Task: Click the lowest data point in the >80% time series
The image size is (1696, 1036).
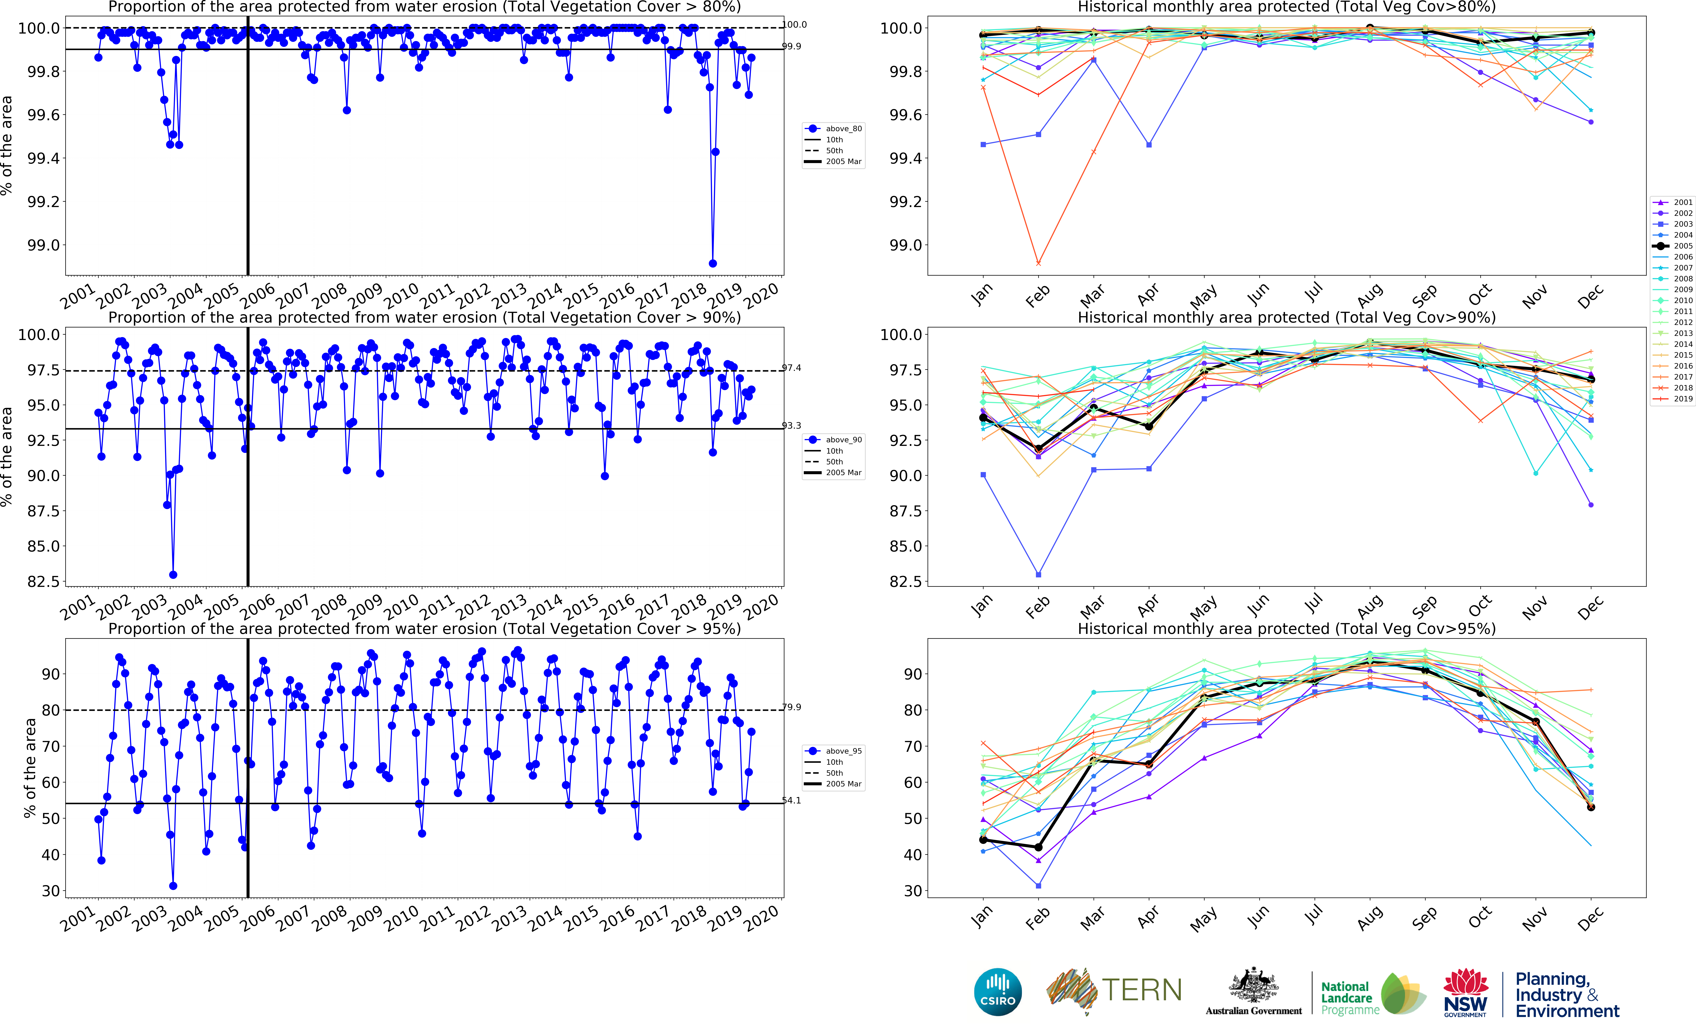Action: tap(712, 264)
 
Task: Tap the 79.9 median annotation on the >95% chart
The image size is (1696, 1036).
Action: tap(792, 707)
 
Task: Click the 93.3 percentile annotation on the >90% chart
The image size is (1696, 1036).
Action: tap(792, 425)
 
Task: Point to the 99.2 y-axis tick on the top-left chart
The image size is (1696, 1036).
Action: tap(43, 202)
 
